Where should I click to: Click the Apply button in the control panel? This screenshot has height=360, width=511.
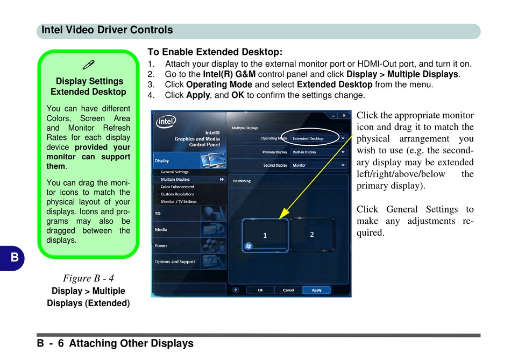coord(317,290)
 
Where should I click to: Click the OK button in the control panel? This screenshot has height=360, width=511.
coord(260,290)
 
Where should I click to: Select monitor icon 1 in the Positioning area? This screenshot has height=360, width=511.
coord(265,235)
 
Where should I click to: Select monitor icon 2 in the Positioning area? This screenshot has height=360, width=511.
coord(312,235)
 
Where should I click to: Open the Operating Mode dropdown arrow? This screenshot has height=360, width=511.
coord(343,138)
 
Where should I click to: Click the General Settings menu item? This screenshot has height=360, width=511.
coord(174,172)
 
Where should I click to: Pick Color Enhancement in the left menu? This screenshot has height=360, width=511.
coord(178,187)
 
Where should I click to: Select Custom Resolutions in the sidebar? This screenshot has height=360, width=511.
coord(178,194)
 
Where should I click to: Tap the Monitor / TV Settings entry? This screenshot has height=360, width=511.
coord(179,202)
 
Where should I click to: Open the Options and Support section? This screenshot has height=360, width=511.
coord(175,262)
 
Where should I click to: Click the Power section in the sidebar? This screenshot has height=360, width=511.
coord(161,246)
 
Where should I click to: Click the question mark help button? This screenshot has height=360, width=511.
coord(236,290)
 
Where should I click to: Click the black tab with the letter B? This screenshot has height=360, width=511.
coord(13,257)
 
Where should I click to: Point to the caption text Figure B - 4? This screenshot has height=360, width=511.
coord(88,278)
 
